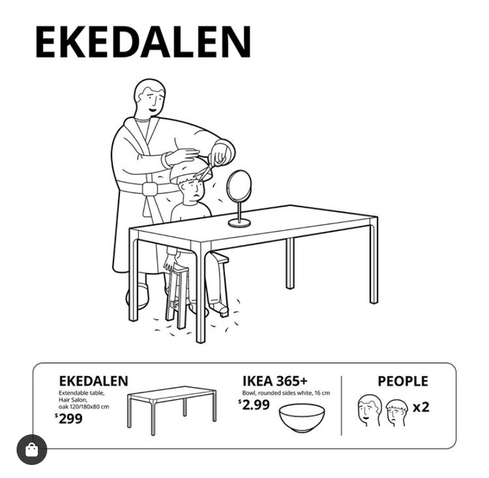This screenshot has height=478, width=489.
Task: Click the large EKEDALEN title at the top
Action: pos(144,42)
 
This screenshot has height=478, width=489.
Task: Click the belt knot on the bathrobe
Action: pos(149,189)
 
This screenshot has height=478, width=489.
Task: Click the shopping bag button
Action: pos(32,449)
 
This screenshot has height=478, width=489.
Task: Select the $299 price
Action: pos(69,418)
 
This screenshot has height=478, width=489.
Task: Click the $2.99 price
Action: pos(254,405)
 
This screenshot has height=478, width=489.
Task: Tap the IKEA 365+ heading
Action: pos(275,381)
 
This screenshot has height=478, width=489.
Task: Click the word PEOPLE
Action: pos(403,381)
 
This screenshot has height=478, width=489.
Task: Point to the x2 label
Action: pos(421,407)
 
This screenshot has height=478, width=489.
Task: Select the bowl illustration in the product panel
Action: pos(302,418)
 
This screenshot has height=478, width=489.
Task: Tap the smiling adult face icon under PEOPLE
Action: pos(370,410)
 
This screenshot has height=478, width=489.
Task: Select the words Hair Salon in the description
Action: pos(73,400)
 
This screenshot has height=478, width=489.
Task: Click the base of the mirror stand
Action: pos(239,222)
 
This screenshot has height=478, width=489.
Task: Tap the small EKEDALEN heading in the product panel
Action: pos(93,381)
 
